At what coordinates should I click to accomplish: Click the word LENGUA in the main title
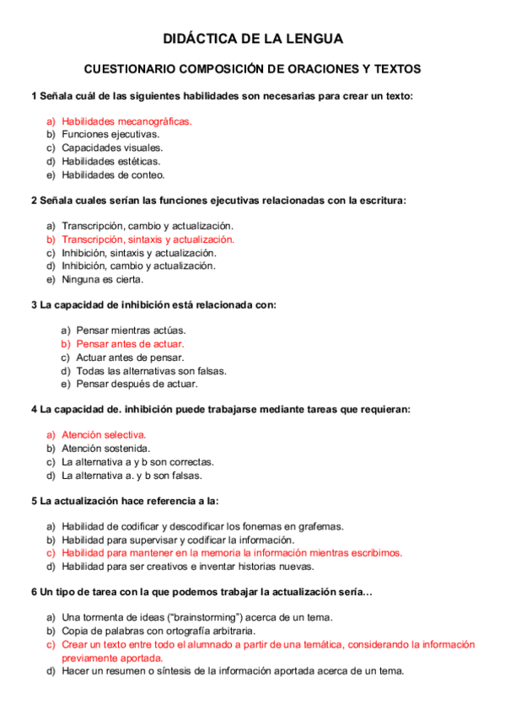point(314,39)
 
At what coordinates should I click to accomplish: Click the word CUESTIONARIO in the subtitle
point(130,69)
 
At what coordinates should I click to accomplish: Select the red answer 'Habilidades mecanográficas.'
point(126,121)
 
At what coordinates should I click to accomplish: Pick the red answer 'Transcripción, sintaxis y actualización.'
point(148,239)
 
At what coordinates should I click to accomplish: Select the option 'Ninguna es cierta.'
point(102,279)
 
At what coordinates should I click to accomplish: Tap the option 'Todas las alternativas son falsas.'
point(151,371)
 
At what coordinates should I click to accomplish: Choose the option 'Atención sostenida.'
point(105,449)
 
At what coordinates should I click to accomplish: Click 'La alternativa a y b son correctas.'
point(137,462)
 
